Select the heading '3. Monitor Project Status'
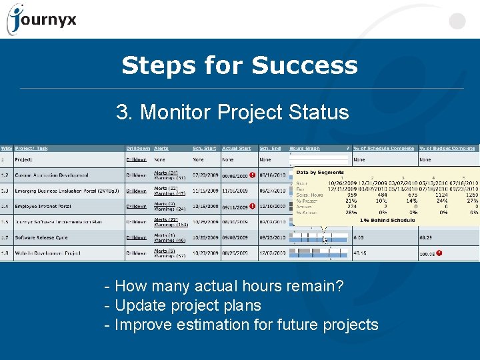pos(232,112)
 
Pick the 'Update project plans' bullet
pos(183,306)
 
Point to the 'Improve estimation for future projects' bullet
pos(241,325)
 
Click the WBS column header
pos(6,148)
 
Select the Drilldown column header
pos(138,148)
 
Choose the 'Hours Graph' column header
pos(305,148)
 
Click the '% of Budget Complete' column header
pos(447,148)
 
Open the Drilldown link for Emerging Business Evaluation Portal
pos(136,191)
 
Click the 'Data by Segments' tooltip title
pos(320,173)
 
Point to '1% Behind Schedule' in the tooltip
pos(387,219)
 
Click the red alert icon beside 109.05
pos(440,253)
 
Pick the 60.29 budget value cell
pos(427,237)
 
